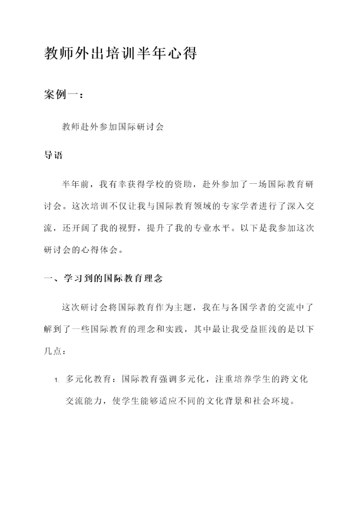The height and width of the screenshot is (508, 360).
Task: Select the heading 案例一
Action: coord(63,95)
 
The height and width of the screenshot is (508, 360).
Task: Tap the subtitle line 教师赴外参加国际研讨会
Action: coord(113,127)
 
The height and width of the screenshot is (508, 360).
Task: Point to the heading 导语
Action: coord(53,155)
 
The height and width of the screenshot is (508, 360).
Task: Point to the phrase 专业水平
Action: coord(215,228)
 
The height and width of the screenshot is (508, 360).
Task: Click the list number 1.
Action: coord(57,381)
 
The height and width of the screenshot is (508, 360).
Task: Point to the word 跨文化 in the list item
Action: coord(292,380)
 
